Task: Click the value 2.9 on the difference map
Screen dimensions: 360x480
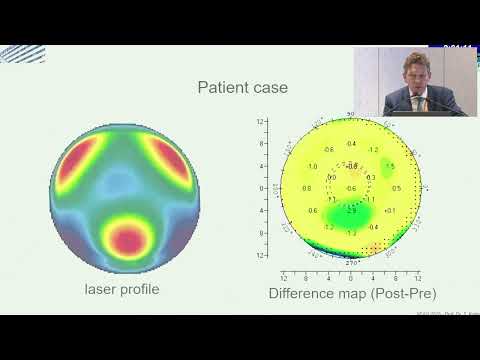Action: click(x=350, y=212)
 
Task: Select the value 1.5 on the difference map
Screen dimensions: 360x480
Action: click(x=390, y=166)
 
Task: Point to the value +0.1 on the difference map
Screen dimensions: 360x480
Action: click(x=390, y=209)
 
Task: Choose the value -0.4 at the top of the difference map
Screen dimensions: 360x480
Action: click(x=350, y=143)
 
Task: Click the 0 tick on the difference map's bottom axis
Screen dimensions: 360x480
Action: click(x=350, y=276)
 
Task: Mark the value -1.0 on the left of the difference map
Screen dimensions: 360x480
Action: click(x=312, y=167)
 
